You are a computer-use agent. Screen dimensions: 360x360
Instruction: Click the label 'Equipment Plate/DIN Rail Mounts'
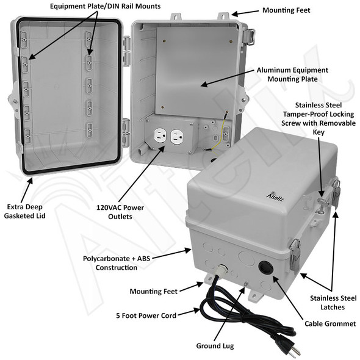pyautogui.click(x=105, y=6)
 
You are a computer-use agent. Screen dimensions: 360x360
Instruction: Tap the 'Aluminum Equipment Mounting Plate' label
pyautogui.click(x=292, y=74)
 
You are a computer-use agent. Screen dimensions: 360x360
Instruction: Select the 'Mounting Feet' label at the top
pyautogui.click(x=286, y=10)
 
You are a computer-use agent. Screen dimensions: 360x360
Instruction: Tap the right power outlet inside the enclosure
pyautogui.click(x=178, y=138)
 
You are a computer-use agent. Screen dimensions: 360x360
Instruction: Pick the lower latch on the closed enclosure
pyautogui.click(x=295, y=255)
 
